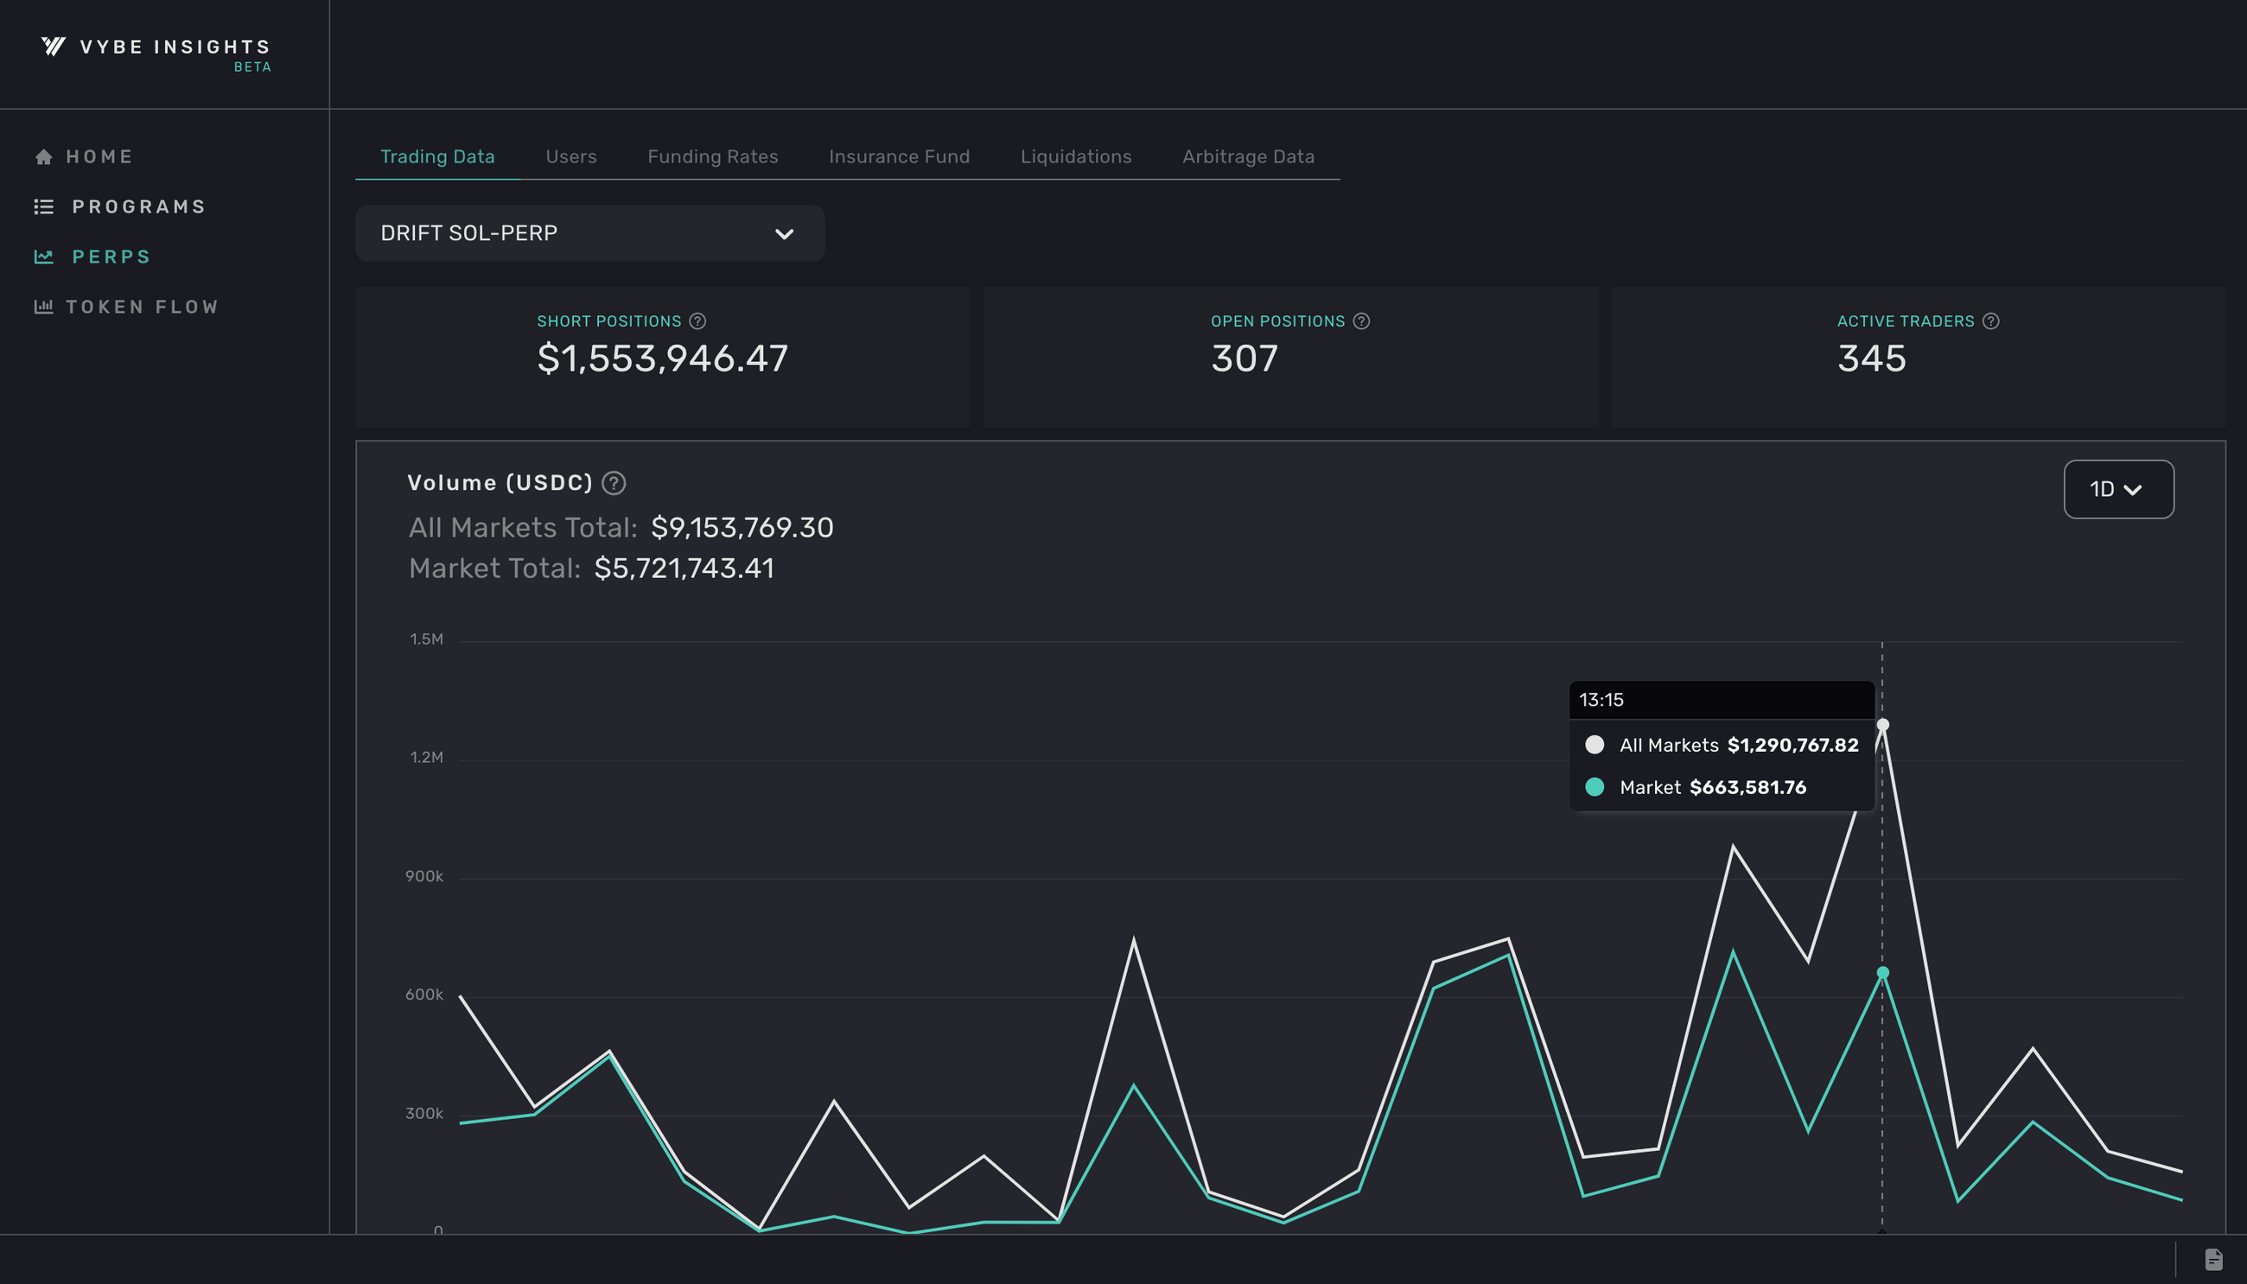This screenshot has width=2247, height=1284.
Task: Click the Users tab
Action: click(570, 156)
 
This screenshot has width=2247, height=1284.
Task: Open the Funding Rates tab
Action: click(712, 156)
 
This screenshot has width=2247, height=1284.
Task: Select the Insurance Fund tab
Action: click(899, 156)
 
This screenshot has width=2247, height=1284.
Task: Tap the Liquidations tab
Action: click(1075, 156)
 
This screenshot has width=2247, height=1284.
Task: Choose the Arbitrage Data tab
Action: click(1248, 156)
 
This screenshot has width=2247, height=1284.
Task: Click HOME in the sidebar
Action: click(99, 156)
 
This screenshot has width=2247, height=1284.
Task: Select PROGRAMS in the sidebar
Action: click(137, 207)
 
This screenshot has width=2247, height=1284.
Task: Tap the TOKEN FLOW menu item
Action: click(141, 307)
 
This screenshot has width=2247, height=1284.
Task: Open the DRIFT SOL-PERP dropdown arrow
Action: click(784, 233)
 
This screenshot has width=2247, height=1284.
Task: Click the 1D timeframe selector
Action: click(2117, 489)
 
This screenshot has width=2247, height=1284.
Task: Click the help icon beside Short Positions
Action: click(697, 321)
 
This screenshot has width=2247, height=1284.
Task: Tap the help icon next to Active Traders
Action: click(1990, 321)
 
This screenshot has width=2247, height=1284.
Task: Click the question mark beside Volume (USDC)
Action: click(614, 483)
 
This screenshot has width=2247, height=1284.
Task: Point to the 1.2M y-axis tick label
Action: click(426, 758)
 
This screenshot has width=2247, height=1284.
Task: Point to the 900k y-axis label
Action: click(424, 875)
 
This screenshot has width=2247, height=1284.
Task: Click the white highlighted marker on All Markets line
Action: click(1882, 725)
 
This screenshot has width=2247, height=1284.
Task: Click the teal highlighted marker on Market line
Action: click(1882, 973)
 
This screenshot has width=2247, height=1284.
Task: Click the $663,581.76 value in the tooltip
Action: click(1747, 787)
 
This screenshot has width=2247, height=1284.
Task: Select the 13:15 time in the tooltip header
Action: click(1601, 700)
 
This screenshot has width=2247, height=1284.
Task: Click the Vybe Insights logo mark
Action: click(54, 46)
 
